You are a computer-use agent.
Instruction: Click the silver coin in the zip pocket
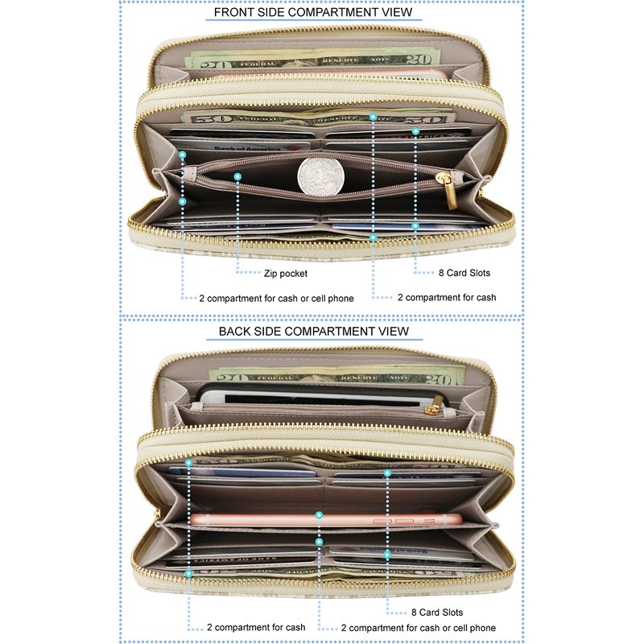(320, 175)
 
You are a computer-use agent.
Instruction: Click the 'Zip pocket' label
(286, 274)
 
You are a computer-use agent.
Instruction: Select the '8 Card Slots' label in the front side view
(464, 273)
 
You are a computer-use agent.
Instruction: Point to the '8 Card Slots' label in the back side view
(437, 613)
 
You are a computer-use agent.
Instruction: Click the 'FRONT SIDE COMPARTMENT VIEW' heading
(313, 12)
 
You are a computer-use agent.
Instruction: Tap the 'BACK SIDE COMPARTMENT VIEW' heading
(314, 332)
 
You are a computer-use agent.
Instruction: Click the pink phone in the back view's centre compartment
(326, 520)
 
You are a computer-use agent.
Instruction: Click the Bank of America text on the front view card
(248, 148)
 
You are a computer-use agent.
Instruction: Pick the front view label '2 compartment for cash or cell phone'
(276, 299)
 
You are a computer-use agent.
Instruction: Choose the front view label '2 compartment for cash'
(447, 297)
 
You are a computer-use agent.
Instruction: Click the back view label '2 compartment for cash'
(256, 628)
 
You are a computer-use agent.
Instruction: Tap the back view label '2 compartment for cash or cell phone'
(418, 628)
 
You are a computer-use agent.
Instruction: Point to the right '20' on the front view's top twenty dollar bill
(419, 59)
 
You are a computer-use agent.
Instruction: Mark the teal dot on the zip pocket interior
(237, 176)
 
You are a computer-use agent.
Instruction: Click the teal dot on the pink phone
(319, 515)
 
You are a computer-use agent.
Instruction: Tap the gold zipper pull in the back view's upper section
(431, 410)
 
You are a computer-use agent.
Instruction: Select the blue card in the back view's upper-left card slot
(242, 472)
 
